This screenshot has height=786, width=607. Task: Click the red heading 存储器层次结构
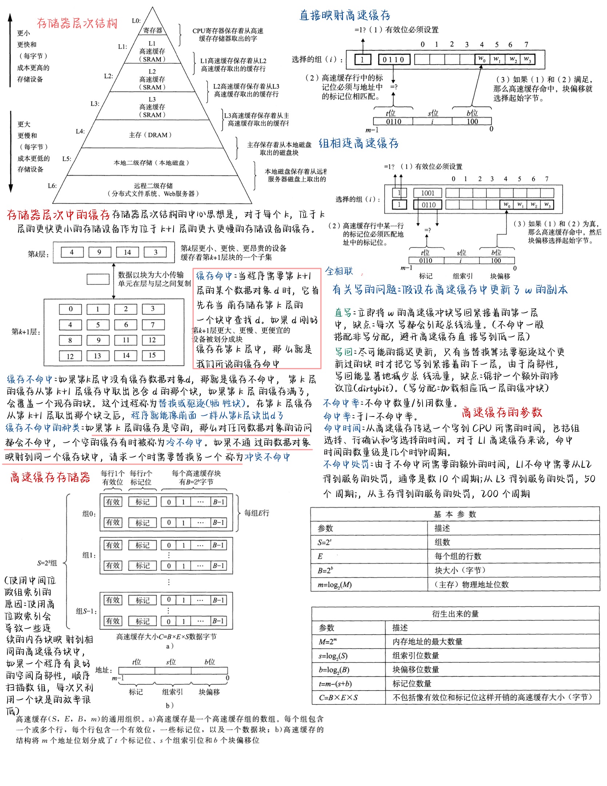coord(77,23)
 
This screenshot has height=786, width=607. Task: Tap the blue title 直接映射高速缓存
coord(344,15)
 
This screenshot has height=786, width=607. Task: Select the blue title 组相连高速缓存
coord(358,143)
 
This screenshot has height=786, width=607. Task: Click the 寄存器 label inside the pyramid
coord(152,30)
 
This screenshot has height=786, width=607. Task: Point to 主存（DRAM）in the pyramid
coord(150,135)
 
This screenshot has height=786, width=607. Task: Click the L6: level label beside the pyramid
coord(52,185)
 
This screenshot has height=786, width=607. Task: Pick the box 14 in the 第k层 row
coord(127,252)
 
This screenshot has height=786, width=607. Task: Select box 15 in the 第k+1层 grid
coord(152,355)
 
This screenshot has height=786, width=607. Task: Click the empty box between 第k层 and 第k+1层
coord(98,279)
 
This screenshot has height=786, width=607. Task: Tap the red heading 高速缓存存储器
coord(50,477)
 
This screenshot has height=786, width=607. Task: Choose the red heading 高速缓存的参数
coord(502,412)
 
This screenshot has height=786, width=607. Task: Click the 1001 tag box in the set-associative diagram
coord(428,193)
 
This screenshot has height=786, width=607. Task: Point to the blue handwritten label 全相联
coord(339,271)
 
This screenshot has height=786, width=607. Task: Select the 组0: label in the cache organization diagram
coord(89,514)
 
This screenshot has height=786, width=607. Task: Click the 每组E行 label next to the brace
coord(257,513)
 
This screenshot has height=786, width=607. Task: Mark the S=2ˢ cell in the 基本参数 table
coord(324,542)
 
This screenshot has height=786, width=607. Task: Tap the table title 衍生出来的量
coord(455,614)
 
